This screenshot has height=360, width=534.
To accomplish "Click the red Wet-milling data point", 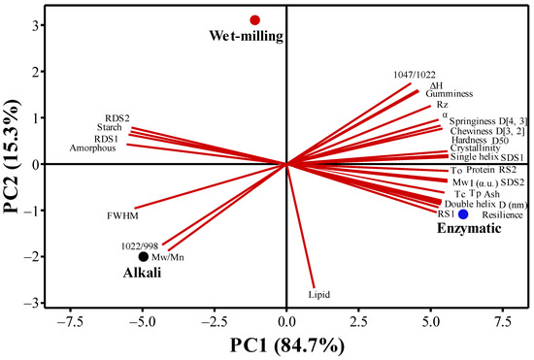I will click(254, 19).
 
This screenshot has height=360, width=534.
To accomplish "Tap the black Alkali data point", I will click(144, 257).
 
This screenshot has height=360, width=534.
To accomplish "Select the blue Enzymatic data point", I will click(463, 214).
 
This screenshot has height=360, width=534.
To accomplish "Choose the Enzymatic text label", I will click(458, 233).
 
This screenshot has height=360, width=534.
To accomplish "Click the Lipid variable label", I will click(317, 293).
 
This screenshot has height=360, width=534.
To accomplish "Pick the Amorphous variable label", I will click(93, 148).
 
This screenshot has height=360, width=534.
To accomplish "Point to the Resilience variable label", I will click(502, 214).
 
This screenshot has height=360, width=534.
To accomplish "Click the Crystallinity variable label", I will click(477, 147).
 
